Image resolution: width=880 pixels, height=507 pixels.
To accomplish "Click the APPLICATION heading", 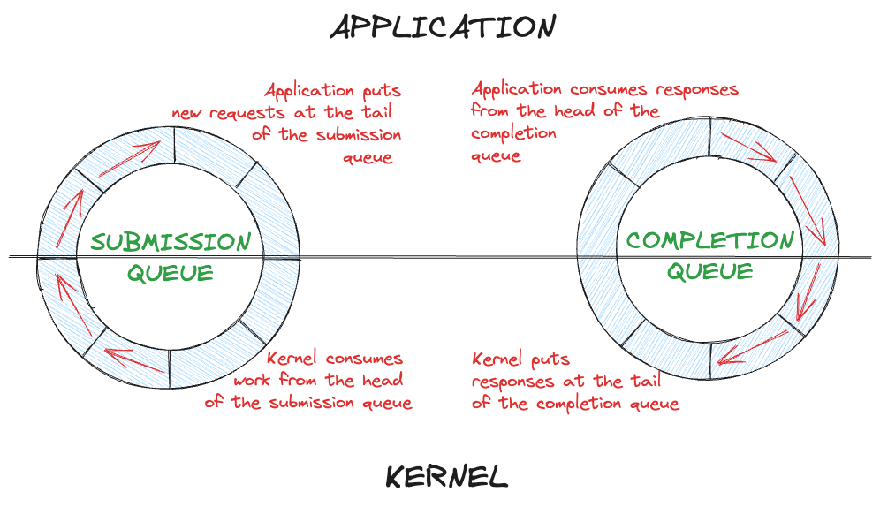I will tap(443, 27).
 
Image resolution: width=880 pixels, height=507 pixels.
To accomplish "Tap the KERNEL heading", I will tap(447, 478).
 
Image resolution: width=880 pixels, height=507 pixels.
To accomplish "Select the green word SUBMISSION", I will tap(171, 242).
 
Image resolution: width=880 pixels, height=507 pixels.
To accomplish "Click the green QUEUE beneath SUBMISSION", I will tap(171, 273).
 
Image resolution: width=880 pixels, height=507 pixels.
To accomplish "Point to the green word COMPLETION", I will tap(710, 240).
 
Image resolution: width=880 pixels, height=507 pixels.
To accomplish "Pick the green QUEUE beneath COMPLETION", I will tap(710, 271).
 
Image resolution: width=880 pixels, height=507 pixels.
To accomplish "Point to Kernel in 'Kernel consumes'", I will tap(295, 359).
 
